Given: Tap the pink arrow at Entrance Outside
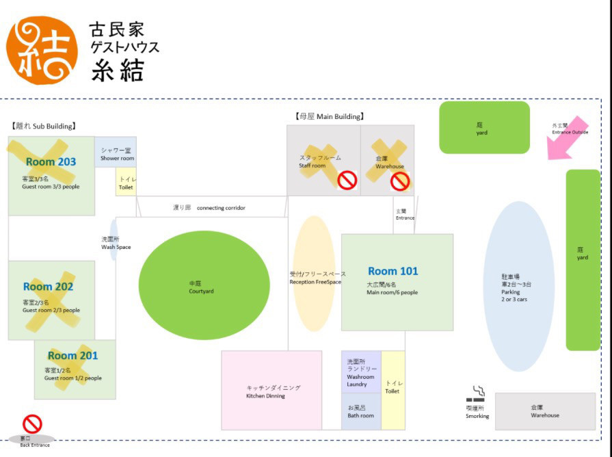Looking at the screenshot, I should tap(566, 139).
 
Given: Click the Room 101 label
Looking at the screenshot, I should tap(393, 272).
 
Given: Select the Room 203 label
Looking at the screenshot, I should tap(51, 162).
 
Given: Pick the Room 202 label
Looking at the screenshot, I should tap(48, 287).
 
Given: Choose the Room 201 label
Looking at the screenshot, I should tap(72, 356).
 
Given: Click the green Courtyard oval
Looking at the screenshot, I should tap(204, 285).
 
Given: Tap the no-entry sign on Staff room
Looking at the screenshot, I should tap(347, 181).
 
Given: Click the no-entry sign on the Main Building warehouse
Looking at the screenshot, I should tap(400, 181).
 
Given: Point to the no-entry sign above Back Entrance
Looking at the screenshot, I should tap(32, 424).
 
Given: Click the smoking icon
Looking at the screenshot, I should tap(477, 395).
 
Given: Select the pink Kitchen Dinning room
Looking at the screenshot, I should tap(271, 391).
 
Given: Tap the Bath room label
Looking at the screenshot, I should tap(360, 412).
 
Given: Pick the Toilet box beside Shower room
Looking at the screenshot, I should tap(126, 182).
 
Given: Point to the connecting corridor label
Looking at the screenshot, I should tap(220, 207).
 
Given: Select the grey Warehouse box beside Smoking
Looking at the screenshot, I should tap(545, 411).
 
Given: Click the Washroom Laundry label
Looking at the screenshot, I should tap(360, 373).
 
